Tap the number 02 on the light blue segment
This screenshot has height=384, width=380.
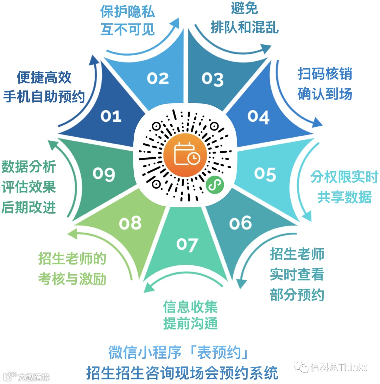coord(158,78)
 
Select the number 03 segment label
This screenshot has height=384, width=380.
coord(212,79)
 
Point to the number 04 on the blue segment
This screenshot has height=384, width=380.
coord(258,117)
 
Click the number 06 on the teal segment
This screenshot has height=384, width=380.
coord(241,223)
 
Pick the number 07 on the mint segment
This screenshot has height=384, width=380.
coord(187,244)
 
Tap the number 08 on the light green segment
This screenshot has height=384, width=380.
coord(130,223)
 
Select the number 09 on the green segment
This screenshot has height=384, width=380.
coord(104,174)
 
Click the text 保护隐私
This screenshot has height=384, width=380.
coord(127,12)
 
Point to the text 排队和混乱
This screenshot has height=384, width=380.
coord(245,27)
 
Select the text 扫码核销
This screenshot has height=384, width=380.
coord(325,75)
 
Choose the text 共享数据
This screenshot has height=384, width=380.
coord(344,197)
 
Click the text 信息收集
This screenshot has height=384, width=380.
coord(190,307)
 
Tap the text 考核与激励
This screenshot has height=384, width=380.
coord(72,279)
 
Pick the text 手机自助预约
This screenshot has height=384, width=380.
coord(44,96)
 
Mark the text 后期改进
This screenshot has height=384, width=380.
coord(28,208)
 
